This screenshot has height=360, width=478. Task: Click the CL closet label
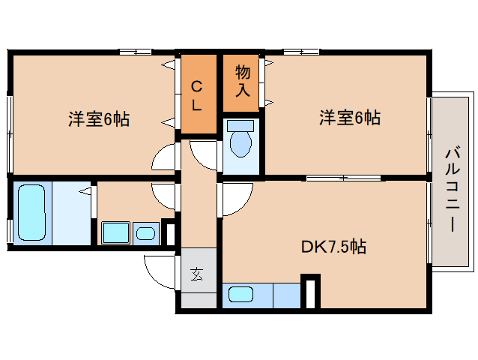[x=196, y=96]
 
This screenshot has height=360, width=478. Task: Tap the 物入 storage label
[x=243, y=81]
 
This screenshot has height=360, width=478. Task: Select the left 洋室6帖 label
[x=99, y=119]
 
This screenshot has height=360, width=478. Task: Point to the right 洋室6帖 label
[x=350, y=118]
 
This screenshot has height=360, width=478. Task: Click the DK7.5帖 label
[x=333, y=247]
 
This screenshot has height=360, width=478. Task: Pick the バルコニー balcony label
[x=453, y=190]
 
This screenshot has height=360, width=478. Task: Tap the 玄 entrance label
[x=196, y=274]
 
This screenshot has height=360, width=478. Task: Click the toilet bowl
[x=240, y=144]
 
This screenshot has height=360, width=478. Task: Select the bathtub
[x=31, y=213]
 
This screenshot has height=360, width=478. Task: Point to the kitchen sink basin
[x=240, y=295]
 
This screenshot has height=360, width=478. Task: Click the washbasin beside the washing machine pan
[x=145, y=234]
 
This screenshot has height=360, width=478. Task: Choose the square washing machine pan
[x=115, y=232]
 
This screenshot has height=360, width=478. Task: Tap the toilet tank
[x=240, y=126]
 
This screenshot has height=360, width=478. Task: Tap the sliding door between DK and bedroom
[x=344, y=178]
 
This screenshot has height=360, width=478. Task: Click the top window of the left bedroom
[x=135, y=52]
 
